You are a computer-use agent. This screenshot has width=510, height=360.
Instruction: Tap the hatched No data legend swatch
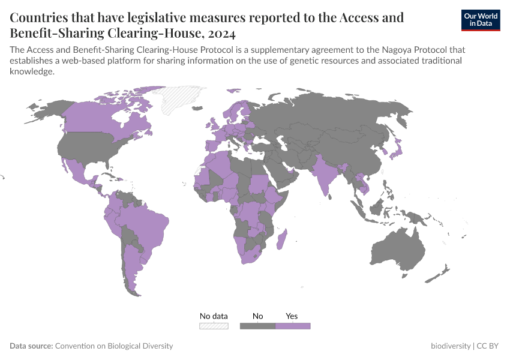(x=214, y=326)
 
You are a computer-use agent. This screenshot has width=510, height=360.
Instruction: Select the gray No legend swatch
(x=257, y=326)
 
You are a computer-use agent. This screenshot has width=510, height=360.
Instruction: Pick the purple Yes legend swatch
(x=293, y=326)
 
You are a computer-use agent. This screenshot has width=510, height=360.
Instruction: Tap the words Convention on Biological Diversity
(x=114, y=346)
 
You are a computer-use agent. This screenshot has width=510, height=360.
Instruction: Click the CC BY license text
(x=488, y=346)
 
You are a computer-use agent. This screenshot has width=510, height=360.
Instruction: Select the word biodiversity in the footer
(x=451, y=346)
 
